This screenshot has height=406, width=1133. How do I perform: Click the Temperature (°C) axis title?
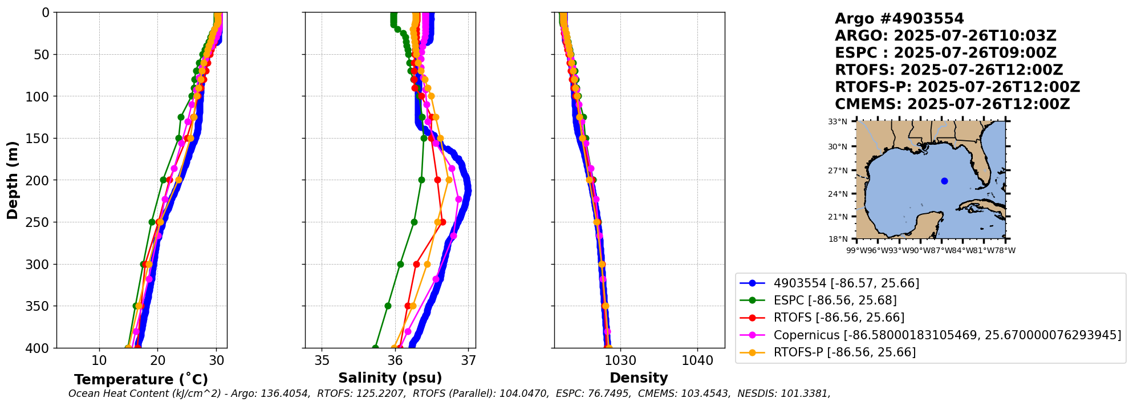coord(141,380)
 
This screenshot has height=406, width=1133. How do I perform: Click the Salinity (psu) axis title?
coord(390,378)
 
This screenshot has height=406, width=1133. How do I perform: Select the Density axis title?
coord(639,378)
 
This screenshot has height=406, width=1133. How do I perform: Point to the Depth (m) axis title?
coord(13,180)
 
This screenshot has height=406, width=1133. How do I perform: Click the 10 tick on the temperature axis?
coord(99,361)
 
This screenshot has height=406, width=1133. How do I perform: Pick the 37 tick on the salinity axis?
coord(468,361)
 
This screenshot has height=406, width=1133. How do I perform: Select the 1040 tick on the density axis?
coord(697,361)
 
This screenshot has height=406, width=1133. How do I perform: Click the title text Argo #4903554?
coord(899,19)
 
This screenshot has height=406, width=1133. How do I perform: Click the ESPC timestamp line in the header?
coord(945,53)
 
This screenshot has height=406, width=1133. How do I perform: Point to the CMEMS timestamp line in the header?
coord(952,104)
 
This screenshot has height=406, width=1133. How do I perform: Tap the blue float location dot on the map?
coord(944,181)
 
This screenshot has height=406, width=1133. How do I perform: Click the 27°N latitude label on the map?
coord(838,170)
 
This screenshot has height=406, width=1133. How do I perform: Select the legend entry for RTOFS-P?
coord(844,352)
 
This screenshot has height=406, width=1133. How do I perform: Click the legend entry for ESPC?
coord(834,301)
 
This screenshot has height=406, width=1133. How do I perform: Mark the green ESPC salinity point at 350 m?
coord(388,306)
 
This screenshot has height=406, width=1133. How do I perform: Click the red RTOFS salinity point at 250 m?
coord(442,222)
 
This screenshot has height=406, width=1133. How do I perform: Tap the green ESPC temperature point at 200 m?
coord(164,180)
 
